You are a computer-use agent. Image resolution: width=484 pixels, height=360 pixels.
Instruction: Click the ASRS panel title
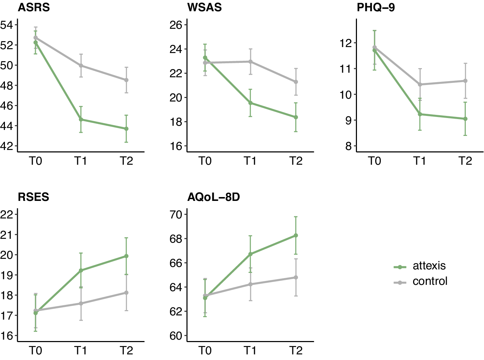(34, 7)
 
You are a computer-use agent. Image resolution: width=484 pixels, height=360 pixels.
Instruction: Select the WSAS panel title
(204, 7)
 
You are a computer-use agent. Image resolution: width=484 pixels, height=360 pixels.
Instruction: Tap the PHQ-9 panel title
(376, 7)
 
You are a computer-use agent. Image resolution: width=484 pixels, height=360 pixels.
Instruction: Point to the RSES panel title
(33, 197)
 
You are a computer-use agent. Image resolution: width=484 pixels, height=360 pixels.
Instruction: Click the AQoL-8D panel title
(213, 197)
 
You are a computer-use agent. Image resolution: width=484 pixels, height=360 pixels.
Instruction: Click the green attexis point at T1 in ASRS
(81, 119)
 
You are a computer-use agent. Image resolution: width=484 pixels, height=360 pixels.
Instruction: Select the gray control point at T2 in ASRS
(126, 80)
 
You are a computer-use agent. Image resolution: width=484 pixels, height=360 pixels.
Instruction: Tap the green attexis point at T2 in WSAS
(296, 117)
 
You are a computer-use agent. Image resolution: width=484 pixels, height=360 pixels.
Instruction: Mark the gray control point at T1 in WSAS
(251, 61)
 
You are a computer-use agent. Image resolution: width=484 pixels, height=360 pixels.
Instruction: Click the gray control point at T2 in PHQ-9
(465, 81)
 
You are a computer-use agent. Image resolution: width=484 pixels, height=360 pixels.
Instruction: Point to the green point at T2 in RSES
(126, 256)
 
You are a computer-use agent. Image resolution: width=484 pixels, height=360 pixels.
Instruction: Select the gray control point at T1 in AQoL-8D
(251, 284)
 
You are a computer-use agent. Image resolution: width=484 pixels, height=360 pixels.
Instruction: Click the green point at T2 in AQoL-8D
(296, 235)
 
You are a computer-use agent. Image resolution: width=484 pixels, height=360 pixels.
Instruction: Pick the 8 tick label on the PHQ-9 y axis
(348, 146)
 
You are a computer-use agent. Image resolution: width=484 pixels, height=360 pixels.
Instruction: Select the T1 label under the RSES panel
(81, 351)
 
